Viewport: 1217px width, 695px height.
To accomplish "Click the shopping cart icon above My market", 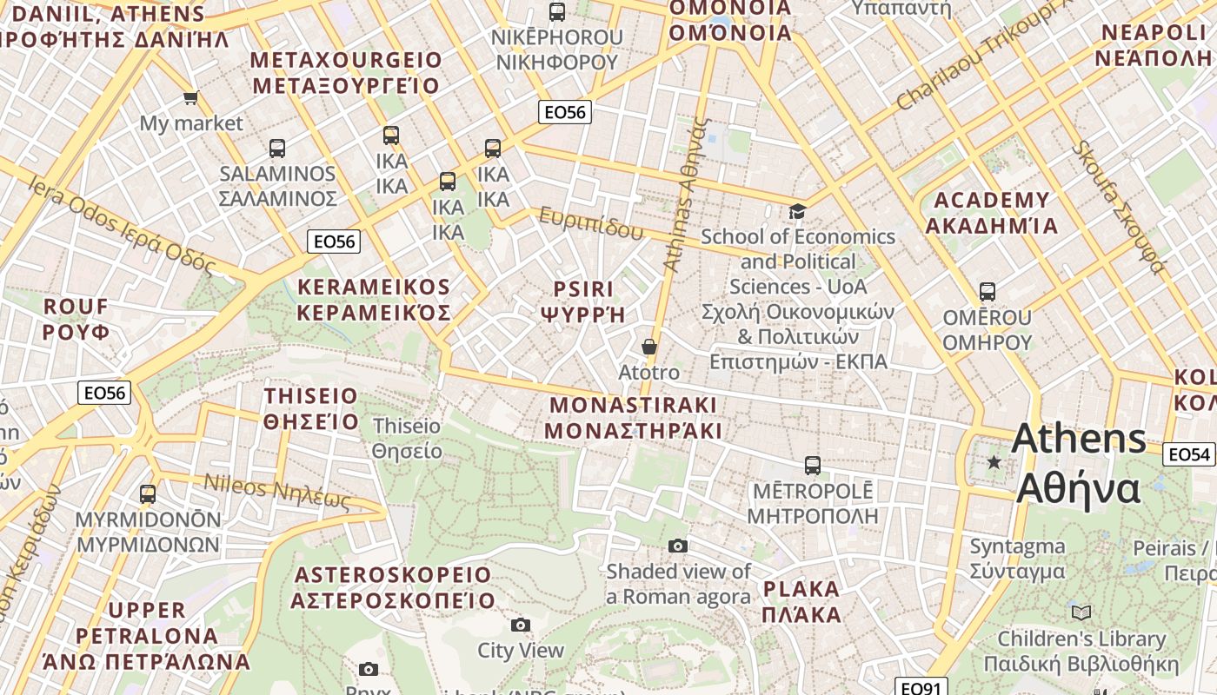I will coord(190,97).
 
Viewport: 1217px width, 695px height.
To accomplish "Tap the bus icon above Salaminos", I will coord(277,149).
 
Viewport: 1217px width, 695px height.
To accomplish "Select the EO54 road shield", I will coord(1188,453).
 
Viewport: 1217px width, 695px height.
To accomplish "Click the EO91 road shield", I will coord(921,688).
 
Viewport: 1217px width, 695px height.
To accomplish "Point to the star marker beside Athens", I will coord(994,462).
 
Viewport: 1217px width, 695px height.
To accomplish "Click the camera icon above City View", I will coord(521,625).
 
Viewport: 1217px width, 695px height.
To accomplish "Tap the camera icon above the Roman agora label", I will coord(678,546).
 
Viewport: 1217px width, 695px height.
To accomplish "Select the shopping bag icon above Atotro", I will coord(648,347).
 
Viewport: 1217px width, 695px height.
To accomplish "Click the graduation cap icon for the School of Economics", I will coord(797,211).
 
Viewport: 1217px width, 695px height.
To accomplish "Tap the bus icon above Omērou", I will coord(987,291).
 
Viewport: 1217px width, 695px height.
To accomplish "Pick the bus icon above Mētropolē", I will coord(813,466).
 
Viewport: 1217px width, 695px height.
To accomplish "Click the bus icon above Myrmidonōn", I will coord(148,494).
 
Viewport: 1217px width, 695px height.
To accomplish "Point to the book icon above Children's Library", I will coord(1081,613).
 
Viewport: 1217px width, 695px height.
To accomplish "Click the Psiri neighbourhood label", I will coord(583,301).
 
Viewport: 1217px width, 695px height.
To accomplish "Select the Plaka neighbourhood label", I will coord(801,601).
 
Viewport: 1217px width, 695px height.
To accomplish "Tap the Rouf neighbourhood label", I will coord(76,319).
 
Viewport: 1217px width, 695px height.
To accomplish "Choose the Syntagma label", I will coord(1017,559).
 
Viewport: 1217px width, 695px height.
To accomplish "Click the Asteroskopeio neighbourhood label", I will coord(393,587).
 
